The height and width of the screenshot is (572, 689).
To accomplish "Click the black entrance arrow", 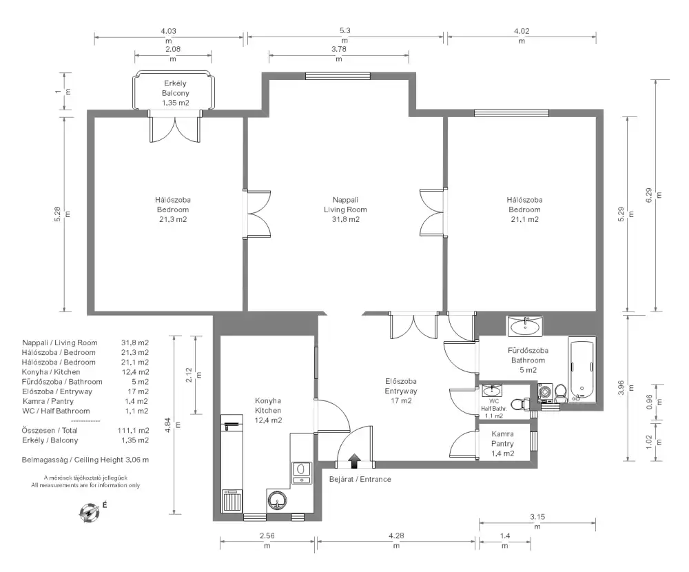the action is click(354, 462).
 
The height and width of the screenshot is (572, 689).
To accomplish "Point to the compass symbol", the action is click(89, 512).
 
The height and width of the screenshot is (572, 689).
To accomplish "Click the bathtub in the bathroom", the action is click(582, 369).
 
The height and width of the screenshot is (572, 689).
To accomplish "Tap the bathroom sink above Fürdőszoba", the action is click(524, 326).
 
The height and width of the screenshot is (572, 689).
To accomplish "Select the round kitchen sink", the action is click(277, 500).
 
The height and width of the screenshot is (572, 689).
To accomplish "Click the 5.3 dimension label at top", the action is click(345, 31).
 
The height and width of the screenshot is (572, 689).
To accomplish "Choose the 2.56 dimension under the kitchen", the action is click(267, 535).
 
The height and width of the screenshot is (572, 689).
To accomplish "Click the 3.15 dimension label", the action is click(537, 517).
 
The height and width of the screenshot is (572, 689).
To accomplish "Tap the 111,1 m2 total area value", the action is click(133, 431).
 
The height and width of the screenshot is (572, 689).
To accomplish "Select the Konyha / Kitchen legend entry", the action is click(51, 372).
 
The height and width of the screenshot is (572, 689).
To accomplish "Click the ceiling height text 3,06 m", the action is click(137, 460).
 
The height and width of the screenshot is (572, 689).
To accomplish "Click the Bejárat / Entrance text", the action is click(360, 479).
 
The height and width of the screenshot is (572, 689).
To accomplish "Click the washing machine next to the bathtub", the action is click(545, 393).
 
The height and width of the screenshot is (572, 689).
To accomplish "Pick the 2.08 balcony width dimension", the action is click(173, 49).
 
